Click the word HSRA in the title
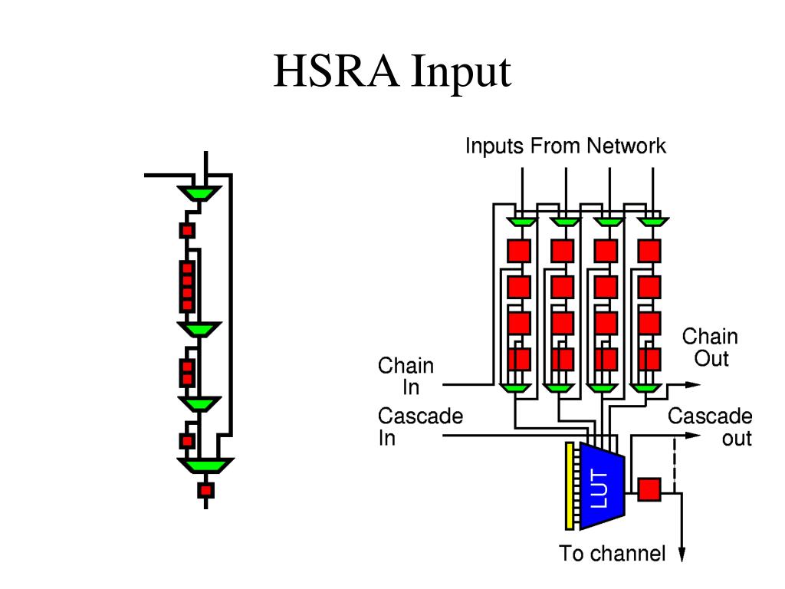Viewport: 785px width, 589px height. pos(337,71)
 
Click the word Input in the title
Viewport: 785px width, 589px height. pos(461,74)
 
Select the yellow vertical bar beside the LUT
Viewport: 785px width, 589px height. pos(570,485)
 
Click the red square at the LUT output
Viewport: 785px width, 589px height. pos(649,489)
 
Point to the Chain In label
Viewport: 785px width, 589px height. pos(406,376)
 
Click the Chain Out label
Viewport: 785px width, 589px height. pos(710,347)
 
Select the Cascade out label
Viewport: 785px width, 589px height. pos(710,426)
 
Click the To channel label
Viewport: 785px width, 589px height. pos(613,554)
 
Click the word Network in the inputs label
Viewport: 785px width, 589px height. pos(626,146)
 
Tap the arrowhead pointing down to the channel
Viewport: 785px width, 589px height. pos(682,554)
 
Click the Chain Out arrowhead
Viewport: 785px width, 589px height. pos(693,385)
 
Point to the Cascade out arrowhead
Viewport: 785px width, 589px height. pos(693,436)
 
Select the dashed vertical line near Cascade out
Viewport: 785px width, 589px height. pos(675,464)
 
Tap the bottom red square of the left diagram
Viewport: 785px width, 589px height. pos(205,490)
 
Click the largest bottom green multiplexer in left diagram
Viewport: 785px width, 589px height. pos(205,466)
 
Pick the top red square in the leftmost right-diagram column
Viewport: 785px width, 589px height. pos(519,251)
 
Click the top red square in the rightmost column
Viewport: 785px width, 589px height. pos(649,251)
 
